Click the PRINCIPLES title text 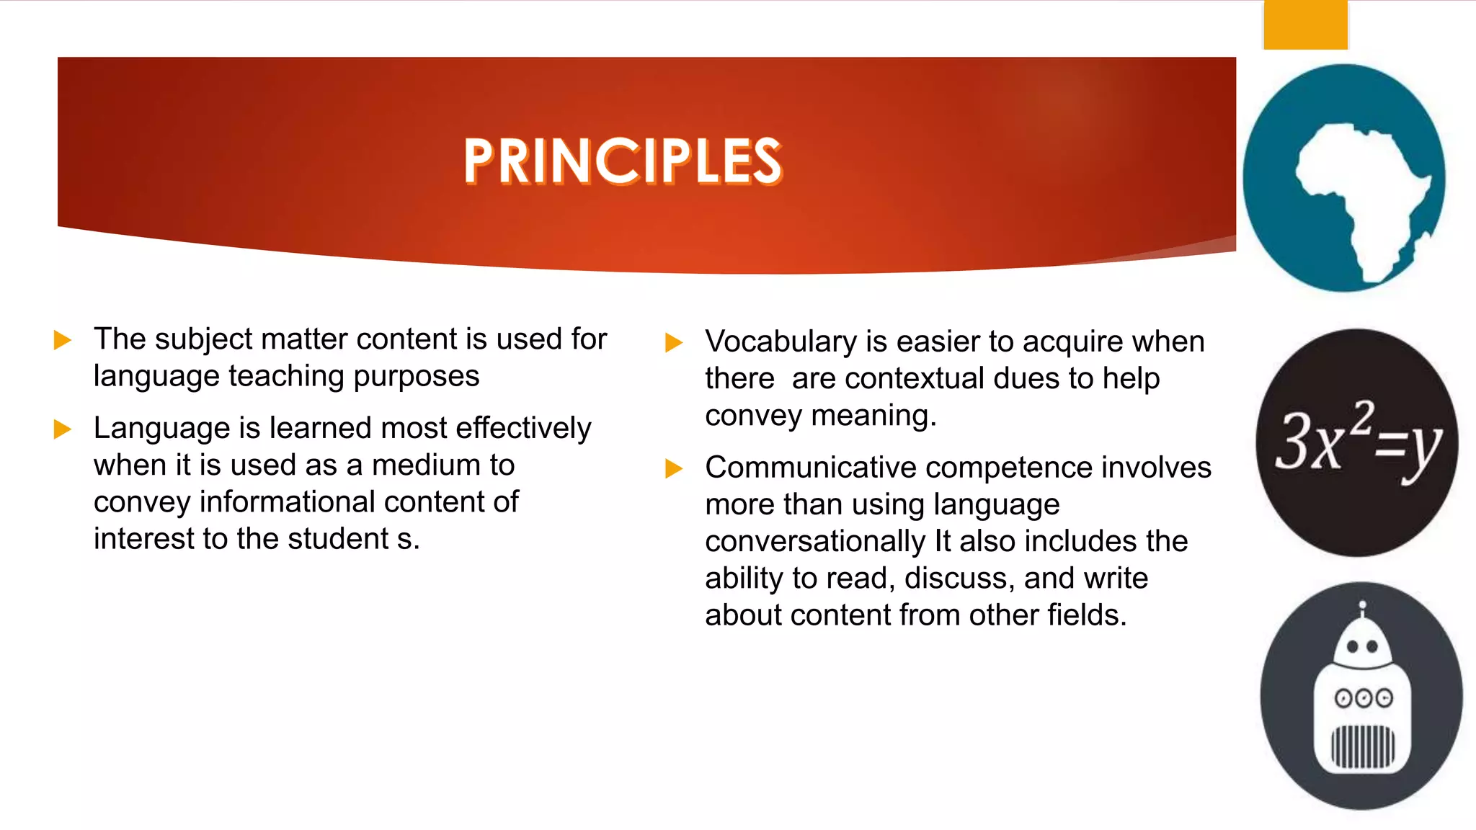click(x=623, y=161)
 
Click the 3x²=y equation click(x=1358, y=441)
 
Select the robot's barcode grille click(x=1362, y=746)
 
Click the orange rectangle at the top click(x=1305, y=25)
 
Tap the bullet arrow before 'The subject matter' click(x=63, y=340)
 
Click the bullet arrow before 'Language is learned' click(x=63, y=429)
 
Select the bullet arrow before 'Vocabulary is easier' click(x=673, y=342)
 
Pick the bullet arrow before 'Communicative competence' click(x=673, y=468)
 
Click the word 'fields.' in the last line click(x=1086, y=615)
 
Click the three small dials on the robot click(x=1364, y=698)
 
